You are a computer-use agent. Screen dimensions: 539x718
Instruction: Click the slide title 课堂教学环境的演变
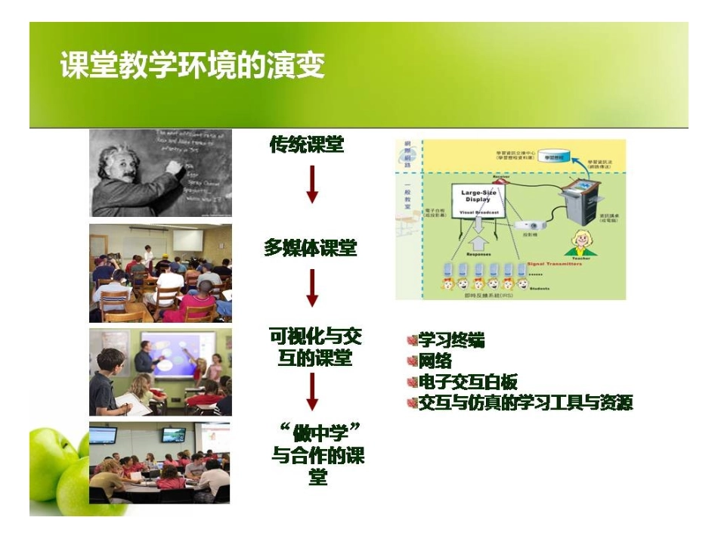pyautogui.click(x=192, y=66)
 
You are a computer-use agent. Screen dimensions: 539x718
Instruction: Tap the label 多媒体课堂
pyautogui.click(x=310, y=248)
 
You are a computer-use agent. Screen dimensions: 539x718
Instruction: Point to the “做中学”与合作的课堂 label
pyautogui.click(x=317, y=454)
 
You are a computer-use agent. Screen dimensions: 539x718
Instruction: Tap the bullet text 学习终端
pyautogui.click(x=452, y=341)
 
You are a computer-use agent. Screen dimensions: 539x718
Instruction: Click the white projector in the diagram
pyautogui.click(x=531, y=225)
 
